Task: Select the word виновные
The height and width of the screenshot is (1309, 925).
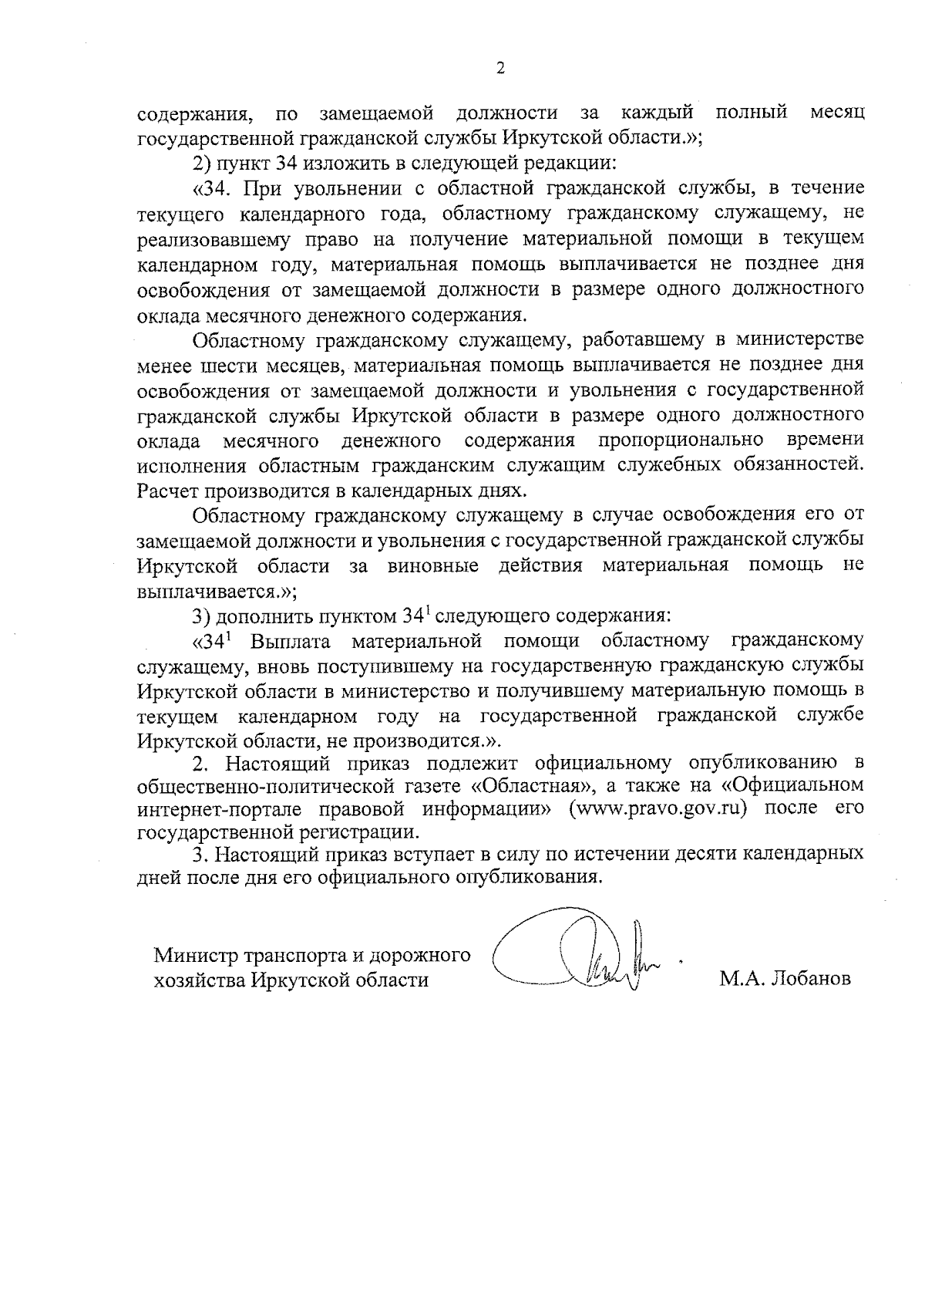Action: [433, 565]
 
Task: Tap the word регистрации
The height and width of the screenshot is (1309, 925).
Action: [365, 832]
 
